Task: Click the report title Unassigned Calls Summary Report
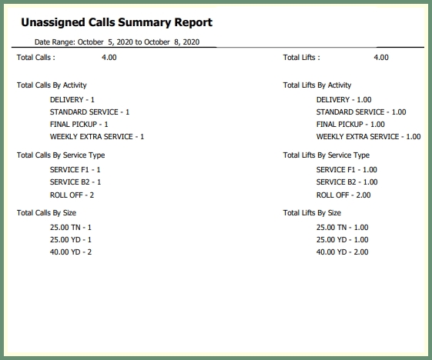[117, 22]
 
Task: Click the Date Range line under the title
[117, 42]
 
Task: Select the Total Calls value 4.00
[109, 57]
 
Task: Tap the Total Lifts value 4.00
[381, 57]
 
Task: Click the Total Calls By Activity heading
[52, 85]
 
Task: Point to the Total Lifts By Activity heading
[317, 85]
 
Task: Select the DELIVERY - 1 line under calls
[72, 100]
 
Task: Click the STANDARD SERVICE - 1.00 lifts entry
[361, 112]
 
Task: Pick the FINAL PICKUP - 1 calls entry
[79, 125]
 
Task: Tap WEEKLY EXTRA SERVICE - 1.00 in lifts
[368, 137]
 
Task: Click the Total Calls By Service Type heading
[61, 155]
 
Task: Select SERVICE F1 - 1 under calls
[75, 170]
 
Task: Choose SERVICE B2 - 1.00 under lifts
[347, 182]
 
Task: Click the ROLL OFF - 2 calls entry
[72, 195]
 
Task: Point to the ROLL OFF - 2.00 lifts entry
[343, 195]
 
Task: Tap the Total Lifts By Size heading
[312, 213]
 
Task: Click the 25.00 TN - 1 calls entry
[71, 228]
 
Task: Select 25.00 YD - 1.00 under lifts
[343, 240]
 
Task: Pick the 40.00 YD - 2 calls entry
[71, 252]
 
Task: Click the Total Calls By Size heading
[46, 213]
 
